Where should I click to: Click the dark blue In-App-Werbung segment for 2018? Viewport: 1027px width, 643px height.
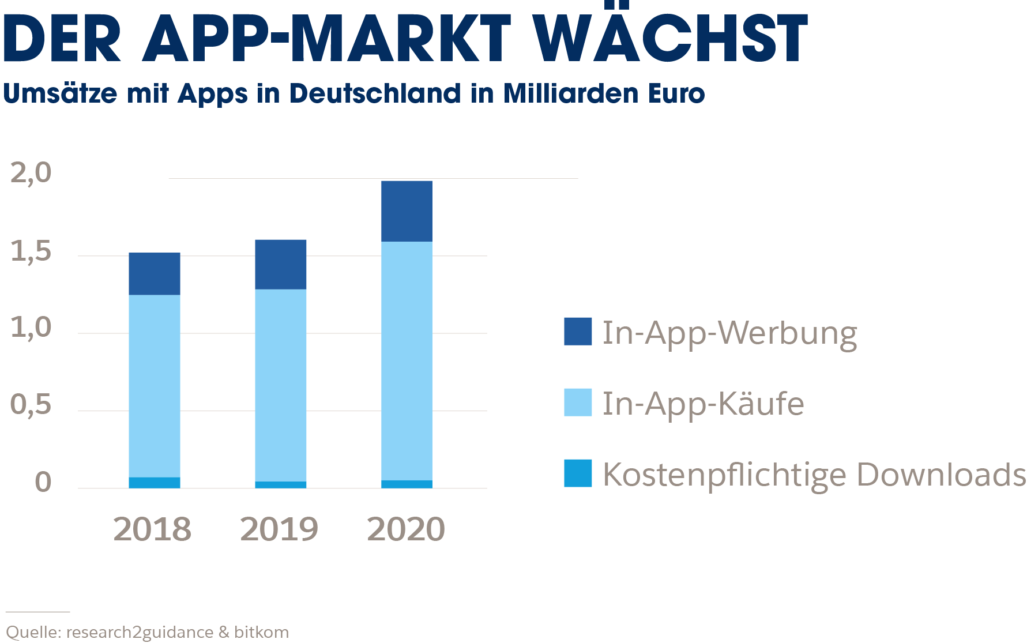(x=154, y=274)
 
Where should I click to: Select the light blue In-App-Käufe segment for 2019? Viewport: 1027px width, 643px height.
(x=280, y=385)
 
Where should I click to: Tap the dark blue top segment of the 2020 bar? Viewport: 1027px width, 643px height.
(x=407, y=211)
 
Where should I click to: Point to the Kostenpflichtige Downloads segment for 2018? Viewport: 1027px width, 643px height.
(x=154, y=483)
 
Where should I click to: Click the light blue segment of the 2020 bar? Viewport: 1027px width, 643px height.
(x=407, y=360)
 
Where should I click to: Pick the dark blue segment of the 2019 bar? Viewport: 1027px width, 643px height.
(x=280, y=264)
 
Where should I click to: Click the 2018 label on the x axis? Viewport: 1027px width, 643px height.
(x=152, y=529)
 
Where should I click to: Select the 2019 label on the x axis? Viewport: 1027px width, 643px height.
(x=279, y=529)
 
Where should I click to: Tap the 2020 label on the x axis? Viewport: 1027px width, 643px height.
(x=406, y=529)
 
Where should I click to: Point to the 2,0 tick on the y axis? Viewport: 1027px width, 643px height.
(x=31, y=172)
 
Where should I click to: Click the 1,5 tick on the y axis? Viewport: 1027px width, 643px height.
(x=31, y=251)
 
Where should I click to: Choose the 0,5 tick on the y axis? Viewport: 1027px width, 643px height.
(x=31, y=404)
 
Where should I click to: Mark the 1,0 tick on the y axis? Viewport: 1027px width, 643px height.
(x=31, y=328)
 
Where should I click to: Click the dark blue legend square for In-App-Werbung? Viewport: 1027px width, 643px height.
(x=577, y=332)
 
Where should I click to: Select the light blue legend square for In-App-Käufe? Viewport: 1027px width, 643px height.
(x=577, y=403)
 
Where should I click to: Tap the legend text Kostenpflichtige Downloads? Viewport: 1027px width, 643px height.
(x=814, y=475)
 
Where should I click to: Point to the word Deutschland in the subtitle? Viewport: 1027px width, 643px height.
(x=375, y=93)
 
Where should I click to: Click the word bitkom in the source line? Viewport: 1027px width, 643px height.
(x=261, y=632)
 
